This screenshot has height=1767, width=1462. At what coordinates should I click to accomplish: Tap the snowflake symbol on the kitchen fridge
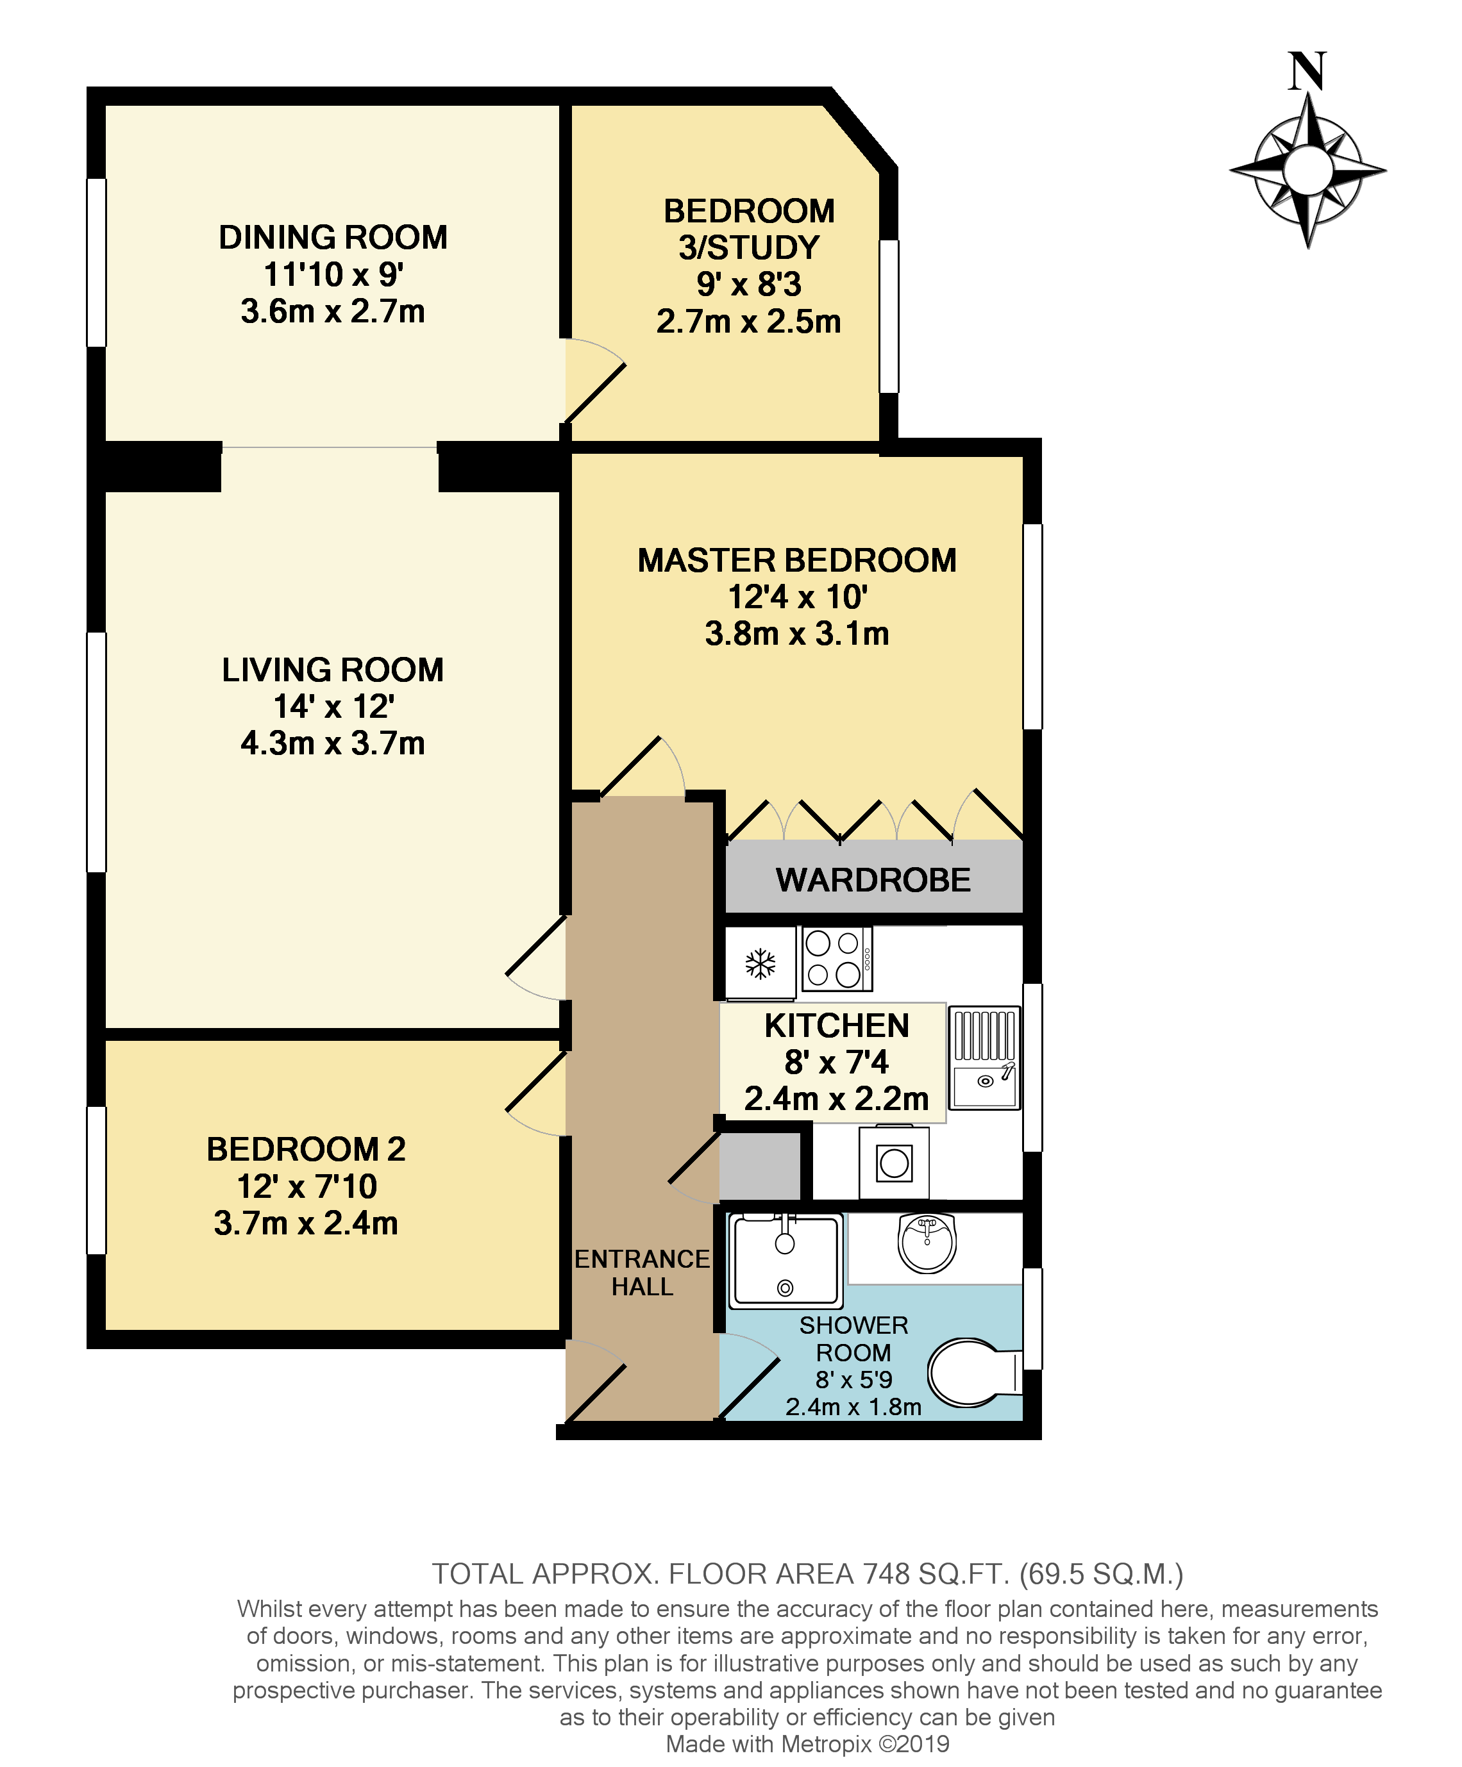pyautogui.click(x=760, y=963)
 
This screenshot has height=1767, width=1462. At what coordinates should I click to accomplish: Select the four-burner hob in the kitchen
pyautogui.click(x=836, y=958)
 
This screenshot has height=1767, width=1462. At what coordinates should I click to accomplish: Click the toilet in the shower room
pyautogui.click(x=975, y=1372)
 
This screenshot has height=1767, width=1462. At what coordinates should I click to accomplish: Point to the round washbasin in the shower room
pyautogui.click(x=927, y=1243)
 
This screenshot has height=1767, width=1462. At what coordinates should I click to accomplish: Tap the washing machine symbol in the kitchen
pyautogui.click(x=894, y=1164)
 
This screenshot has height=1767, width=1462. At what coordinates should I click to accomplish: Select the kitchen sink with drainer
pyautogui.click(x=984, y=1059)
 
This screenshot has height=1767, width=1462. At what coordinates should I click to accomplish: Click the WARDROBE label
pyautogui.click(x=873, y=880)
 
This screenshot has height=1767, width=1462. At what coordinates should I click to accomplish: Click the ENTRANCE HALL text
pyautogui.click(x=643, y=1272)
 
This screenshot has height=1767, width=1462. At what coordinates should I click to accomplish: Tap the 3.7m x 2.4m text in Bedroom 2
pyautogui.click(x=305, y=1223)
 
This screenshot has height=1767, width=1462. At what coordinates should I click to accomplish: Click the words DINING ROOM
pyautogui.click(x=333, y=237)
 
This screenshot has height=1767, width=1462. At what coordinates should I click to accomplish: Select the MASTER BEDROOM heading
pyautogui.click(x=796, y=560)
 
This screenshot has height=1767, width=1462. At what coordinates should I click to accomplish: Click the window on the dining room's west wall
pyautogui.click(x=97, y=263)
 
